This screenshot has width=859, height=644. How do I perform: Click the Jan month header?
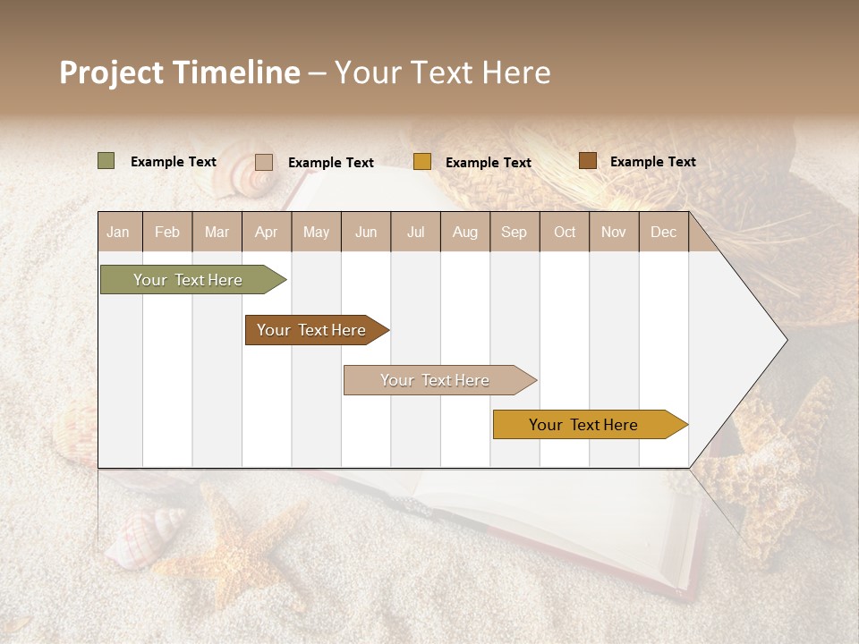point(118,233)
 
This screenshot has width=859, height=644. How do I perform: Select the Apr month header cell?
point(266,233)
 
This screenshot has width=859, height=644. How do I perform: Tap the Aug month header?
point(464,233)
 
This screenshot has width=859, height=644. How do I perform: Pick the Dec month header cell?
point(663,233)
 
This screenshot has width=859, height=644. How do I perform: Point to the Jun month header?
point(365,233)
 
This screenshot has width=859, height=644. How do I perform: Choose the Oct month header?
point(564,233)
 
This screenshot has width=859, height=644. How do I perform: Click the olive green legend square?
point(106,161)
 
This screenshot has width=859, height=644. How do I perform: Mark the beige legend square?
point(263,162)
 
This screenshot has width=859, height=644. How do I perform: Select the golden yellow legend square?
point(421,162)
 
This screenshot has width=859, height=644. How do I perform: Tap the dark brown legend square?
point(587,161)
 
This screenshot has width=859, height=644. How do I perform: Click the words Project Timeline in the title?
point(179,72)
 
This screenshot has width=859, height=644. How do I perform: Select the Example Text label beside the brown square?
point(652,162)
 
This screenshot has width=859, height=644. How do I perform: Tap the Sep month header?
point(514,233)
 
